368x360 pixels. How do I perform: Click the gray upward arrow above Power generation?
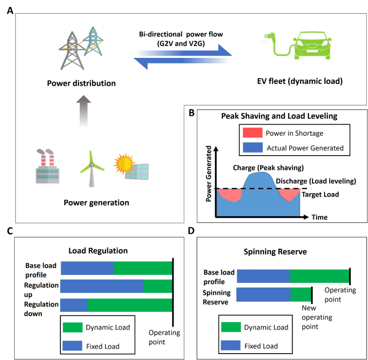point(83,110)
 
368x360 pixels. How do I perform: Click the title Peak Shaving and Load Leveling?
point(279,116)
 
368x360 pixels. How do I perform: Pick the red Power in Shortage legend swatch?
point(251,134)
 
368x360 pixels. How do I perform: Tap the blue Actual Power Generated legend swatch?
point(251,147)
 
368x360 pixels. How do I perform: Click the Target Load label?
point(321,194)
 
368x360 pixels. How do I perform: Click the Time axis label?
point(320,217)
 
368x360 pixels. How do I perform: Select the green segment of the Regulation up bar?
point(158,286)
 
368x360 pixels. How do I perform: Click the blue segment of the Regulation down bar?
point(74,305)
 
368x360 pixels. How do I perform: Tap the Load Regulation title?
point(98,250)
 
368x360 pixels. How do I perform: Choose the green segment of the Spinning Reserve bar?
point(301,294)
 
